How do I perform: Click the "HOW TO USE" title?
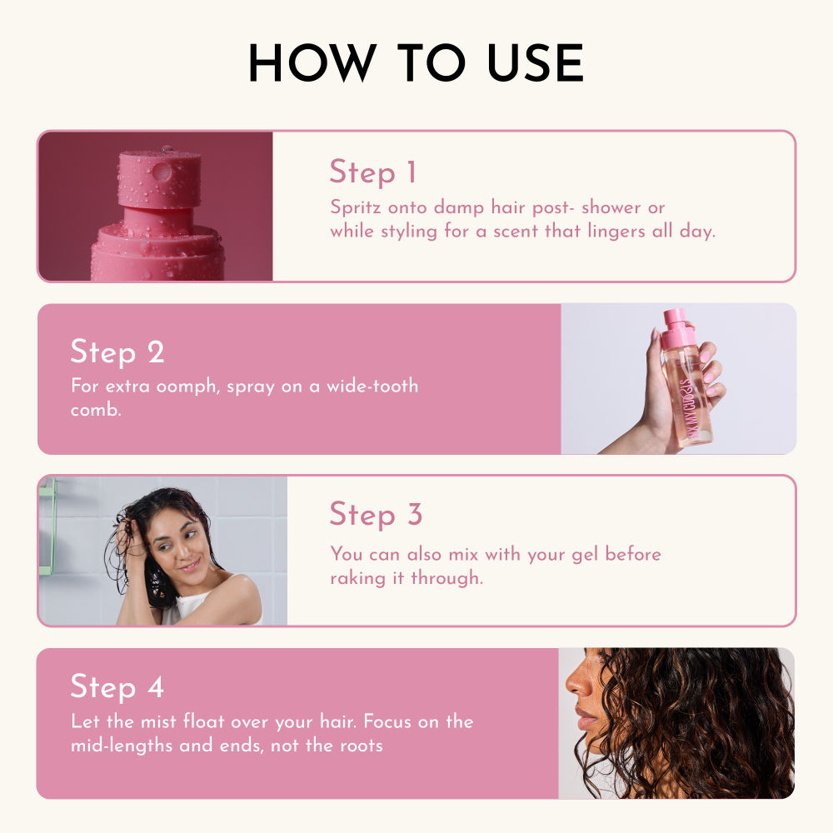coord(416,63)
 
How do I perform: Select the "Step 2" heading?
coord(117,352)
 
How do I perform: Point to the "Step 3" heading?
coord(376,514)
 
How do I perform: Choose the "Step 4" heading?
coord(117,687)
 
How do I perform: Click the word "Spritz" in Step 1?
coord(355,207)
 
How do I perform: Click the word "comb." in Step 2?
coord(97,411)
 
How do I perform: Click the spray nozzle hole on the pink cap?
coord(162,172)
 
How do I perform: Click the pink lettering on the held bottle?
coord(687,400)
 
